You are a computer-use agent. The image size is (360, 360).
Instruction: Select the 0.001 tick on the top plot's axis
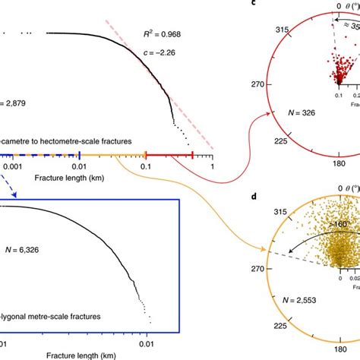pos(11,165)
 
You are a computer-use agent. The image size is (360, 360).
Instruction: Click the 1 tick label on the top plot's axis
pos(212,166)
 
